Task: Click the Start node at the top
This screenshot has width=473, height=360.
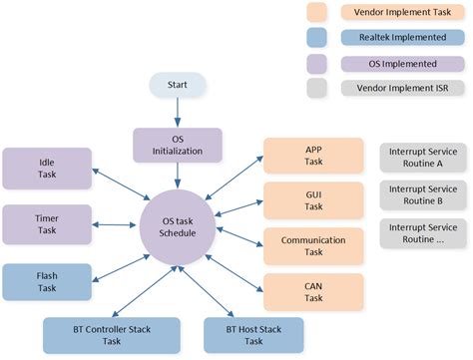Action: [x=177, y=87]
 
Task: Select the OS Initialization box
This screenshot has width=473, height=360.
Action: [x=177, y=145]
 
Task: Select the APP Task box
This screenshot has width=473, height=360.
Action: [x=312, y=156]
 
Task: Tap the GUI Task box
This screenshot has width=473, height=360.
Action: [x=312, y=199]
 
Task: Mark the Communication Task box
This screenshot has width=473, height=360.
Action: [x=312, y=245]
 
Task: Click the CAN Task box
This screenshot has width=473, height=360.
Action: [x=312, y=290]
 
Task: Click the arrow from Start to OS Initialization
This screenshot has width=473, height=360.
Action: [x=177, y=113]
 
